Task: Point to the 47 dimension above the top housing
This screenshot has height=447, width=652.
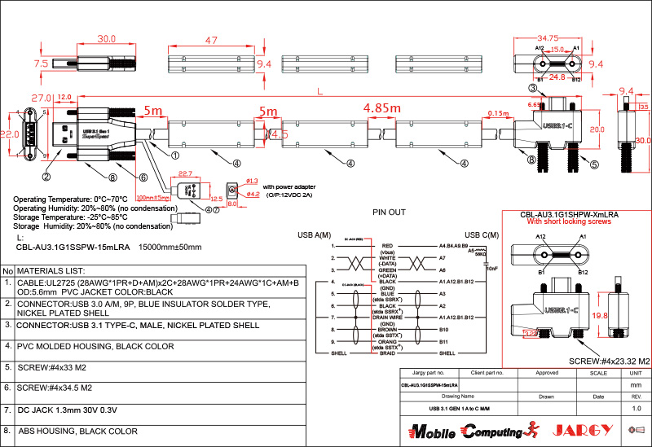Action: (211, 40)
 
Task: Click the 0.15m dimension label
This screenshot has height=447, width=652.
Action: (498, 112)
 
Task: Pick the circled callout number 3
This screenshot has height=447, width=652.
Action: (532, 88)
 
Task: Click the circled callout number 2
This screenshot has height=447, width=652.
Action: (46, 176)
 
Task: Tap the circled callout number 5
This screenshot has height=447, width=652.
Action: (593, 164)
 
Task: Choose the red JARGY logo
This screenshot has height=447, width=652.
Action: (583, 429)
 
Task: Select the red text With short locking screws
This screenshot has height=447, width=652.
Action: (568, 221)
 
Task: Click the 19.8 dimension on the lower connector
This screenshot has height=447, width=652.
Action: (600, 315)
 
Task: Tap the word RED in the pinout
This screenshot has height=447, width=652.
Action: (387, 244)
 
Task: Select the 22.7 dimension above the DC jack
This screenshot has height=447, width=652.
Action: (185, 173)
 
